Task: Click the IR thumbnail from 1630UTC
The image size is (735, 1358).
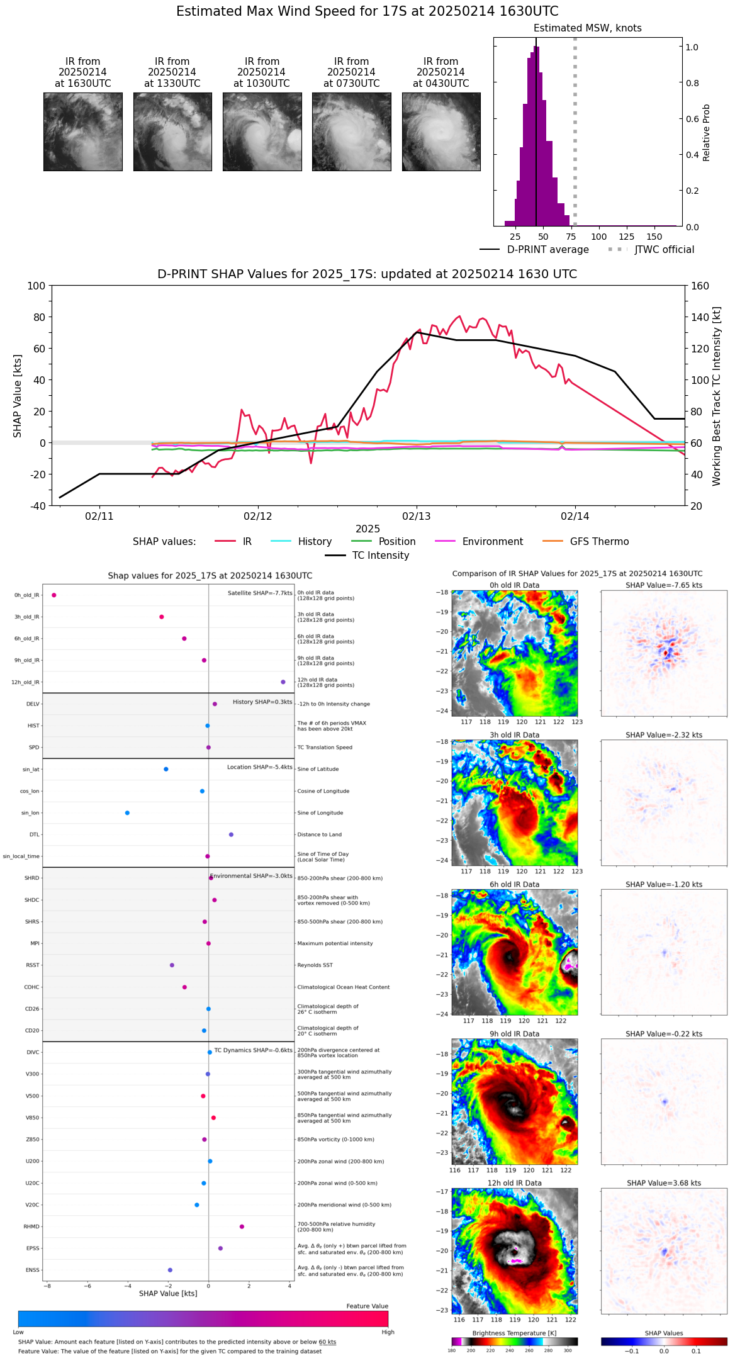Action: point(83,132)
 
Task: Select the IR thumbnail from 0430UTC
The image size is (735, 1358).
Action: point(441,132)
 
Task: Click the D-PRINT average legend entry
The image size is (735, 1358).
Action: point(534,250)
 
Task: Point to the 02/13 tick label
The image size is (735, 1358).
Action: point(417,517)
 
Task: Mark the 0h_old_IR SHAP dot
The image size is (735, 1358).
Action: point(54,595)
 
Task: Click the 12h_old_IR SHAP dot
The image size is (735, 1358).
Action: point(283,682)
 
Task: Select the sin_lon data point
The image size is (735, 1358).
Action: point(127,813)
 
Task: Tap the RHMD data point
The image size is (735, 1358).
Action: point(242,1226)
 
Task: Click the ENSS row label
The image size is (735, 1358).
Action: point(32,1270)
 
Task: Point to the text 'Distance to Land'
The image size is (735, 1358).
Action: point(319,835)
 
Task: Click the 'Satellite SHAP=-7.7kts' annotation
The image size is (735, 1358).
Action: point(260,593)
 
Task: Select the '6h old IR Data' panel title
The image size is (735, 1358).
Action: point(514,884)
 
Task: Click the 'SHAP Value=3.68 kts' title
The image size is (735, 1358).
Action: point(664,1183)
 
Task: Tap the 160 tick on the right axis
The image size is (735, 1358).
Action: point(700,286)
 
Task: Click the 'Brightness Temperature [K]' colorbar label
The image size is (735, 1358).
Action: point(514,1333)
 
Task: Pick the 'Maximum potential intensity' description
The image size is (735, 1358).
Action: point(335,943)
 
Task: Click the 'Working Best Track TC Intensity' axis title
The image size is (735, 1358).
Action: point(717,396)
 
